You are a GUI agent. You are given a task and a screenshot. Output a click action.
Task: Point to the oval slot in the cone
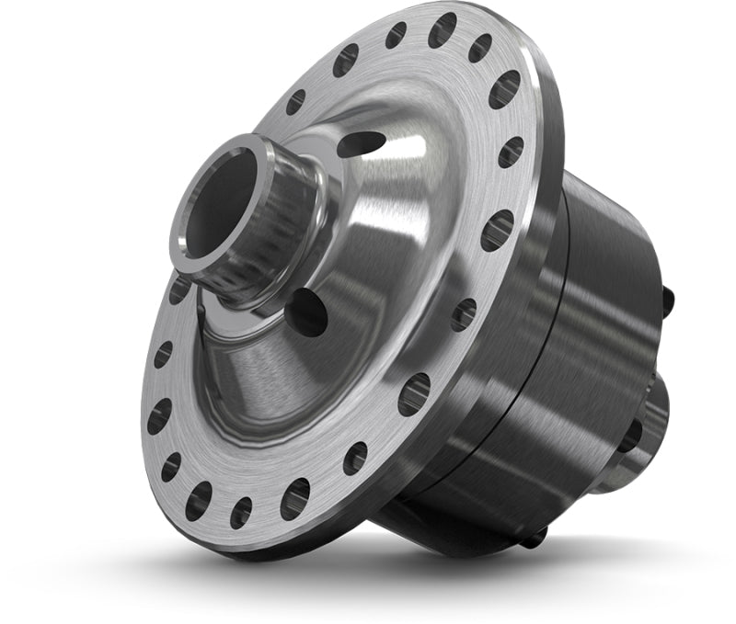click(x=361, y=143)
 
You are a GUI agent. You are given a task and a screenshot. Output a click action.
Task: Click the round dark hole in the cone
click(x=307, y=312)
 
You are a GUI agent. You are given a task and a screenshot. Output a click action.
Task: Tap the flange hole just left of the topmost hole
click(x=396, y=35)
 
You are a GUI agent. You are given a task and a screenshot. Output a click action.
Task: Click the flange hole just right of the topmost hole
click(x=481, y=48)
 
